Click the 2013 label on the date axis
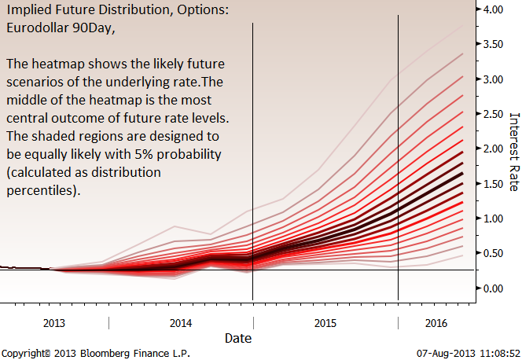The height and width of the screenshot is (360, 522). pyautogui.click(x=54, y=323)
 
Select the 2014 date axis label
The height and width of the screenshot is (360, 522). pyautogui.click(x=181, y=323)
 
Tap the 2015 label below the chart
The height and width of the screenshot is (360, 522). pyautogui.click(x=325, y=323)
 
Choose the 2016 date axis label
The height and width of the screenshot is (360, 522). pyautogui.click(x=436, y=323)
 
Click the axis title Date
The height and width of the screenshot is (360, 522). pyautogui.click(x=238, y=338)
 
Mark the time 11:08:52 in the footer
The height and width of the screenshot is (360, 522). pyautogui.click(x=494, y=354)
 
